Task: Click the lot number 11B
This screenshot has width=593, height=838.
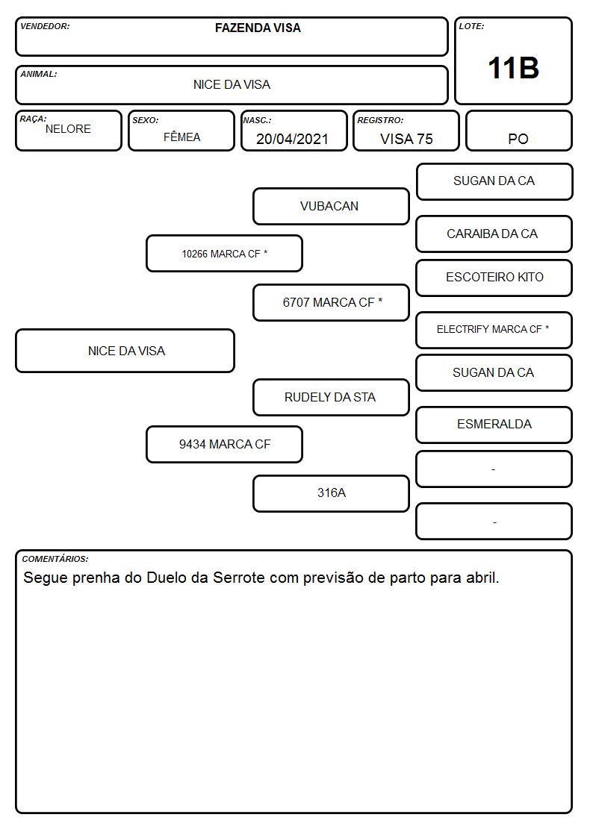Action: coord(513,68)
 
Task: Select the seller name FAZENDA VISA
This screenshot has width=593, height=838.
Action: coord(258,28)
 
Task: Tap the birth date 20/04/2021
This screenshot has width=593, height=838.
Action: coord(292,139)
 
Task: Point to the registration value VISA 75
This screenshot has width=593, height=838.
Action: coord(406,139)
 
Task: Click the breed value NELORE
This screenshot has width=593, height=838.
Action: coord(68,129)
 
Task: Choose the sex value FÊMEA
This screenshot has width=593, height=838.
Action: coord(181,137)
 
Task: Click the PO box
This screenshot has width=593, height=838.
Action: coord(518,131)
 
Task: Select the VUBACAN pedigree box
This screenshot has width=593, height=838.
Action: coord(331,206)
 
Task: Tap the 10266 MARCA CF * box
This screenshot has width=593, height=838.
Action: coord(225,253)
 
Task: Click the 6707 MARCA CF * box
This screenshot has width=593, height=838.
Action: coord(331,302)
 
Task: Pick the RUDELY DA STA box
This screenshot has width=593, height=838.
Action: coord(331,397)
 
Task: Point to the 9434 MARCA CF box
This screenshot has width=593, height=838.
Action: coord(225,444)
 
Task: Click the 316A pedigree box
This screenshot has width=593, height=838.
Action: coord(331,493)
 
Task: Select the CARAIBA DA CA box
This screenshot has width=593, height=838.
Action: coord(494,234)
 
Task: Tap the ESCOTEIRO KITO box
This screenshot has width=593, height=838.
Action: coord(494,278)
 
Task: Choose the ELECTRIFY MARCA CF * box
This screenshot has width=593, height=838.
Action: coord(494,330)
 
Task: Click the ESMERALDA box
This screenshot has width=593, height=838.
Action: coord(494,425)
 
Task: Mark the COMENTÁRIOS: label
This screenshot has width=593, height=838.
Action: coord(55,559)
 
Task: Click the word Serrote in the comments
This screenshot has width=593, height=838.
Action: coord(239,578)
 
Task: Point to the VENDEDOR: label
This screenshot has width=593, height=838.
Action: coord(45,26)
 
